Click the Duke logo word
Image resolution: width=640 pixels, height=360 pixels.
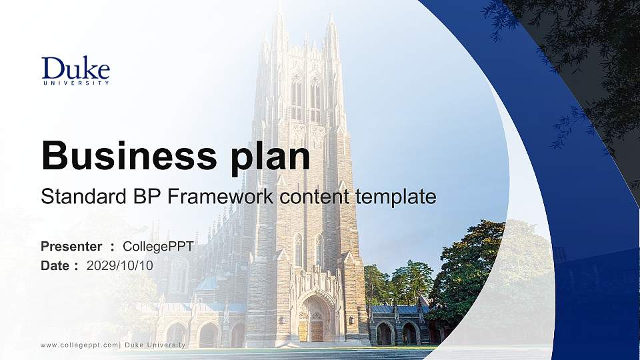pos(75,68)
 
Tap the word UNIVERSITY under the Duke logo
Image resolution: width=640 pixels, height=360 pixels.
pos(75,83)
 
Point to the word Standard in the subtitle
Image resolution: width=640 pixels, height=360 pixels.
pos(81,197)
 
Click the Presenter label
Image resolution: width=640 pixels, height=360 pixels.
pos(71,247)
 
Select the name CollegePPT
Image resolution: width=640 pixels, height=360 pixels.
pos(158,247)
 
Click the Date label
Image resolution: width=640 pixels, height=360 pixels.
pos(55,265)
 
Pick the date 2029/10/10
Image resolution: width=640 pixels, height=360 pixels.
pos(120,265)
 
